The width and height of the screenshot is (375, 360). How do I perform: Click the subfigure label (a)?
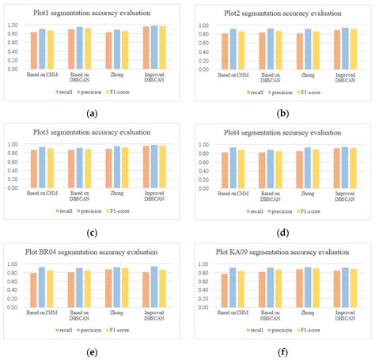93,114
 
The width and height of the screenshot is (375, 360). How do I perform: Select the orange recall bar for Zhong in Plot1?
108,51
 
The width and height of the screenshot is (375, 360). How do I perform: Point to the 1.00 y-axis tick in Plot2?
204,25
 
